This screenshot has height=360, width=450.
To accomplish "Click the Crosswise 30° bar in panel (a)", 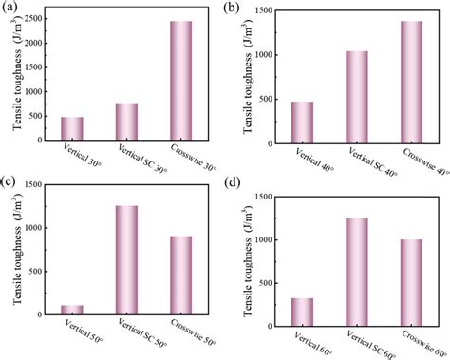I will tap(180, 81).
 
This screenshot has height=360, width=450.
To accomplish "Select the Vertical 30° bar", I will tap(71, 128).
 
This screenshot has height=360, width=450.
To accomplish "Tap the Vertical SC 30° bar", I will tap(126, 121).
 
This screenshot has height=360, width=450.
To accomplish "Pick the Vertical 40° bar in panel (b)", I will tap(302, 122).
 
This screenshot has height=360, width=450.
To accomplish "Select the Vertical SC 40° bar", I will tap(356, 96).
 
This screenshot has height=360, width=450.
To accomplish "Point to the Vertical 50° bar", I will tap(71, 309).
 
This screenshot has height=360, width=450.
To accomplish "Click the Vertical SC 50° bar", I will tap(126, 259).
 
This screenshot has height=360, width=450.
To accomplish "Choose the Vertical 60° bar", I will tap(302, 312).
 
